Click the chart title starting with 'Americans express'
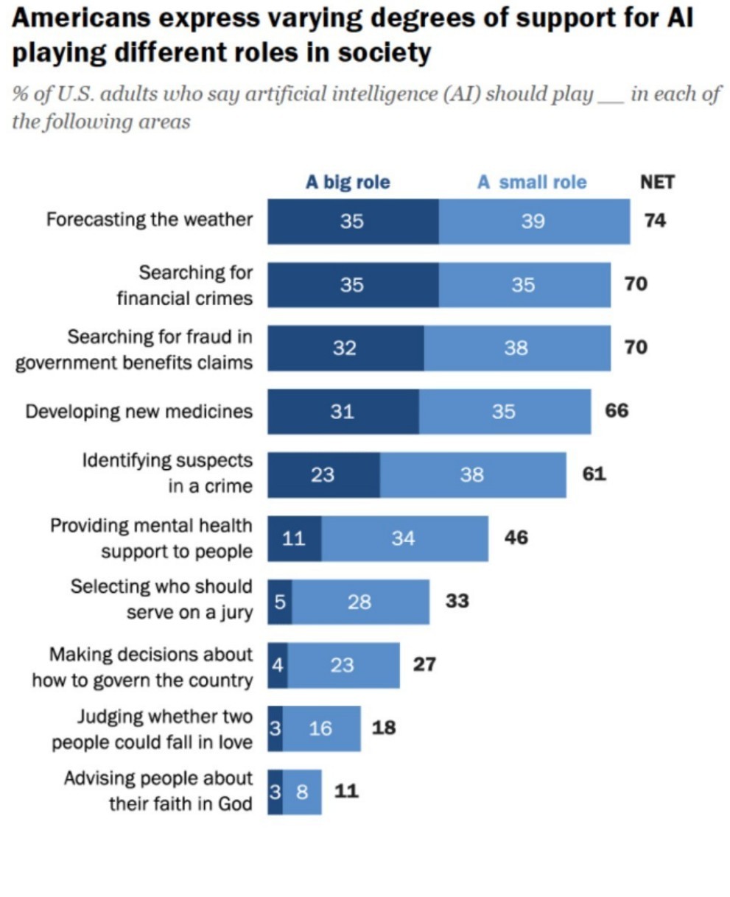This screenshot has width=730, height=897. pos(353,35)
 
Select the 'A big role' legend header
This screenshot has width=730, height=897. pos(348,182)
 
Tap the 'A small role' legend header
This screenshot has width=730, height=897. pos(532,182)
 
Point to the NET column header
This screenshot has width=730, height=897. pos(656,182)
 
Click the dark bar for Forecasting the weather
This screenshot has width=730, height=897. pos(352,221)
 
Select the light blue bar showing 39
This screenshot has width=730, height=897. pos(534,221)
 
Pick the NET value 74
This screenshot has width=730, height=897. pos(655,220)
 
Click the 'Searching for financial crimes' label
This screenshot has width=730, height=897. pos(184,285)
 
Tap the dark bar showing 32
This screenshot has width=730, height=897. pos(345,348)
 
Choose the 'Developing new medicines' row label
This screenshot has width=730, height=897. pos(138,411)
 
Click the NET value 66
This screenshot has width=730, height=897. pos(617,411)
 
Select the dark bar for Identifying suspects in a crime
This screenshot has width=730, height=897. pos(323,475)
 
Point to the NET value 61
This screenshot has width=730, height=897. pos(594,474)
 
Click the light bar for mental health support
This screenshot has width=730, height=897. pos(404,538)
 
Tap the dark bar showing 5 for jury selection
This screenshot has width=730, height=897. pos(279,602)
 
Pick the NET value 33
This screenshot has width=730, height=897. pos(457,602)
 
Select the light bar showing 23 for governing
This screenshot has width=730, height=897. pos(343,666)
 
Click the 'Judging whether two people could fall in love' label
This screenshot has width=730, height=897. pos(152,729)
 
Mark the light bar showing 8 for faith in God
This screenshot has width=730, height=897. pos(302,792)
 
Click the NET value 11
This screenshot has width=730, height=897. pos(346,792)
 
